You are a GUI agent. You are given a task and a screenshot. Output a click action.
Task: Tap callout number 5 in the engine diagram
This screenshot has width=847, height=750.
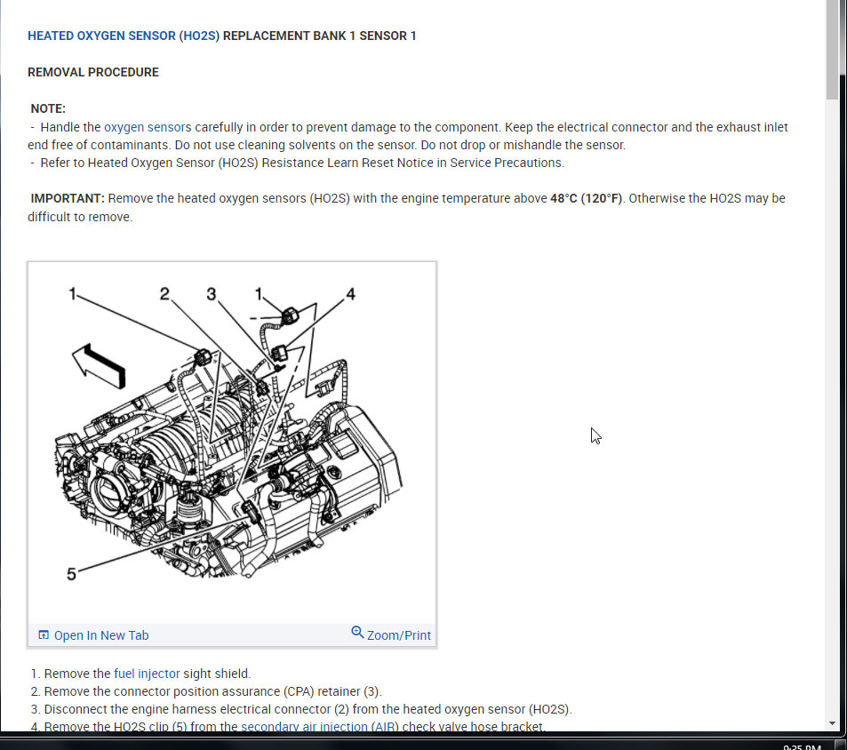coord(71,574)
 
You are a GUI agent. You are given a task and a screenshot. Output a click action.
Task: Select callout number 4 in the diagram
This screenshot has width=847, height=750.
coord(350,293)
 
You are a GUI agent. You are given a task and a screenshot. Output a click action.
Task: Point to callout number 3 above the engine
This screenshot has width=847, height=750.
coord(211,293)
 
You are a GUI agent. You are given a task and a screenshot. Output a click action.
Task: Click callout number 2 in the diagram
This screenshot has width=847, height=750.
coord(164,293)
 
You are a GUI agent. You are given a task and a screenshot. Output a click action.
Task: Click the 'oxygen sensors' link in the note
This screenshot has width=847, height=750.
coord(148,127)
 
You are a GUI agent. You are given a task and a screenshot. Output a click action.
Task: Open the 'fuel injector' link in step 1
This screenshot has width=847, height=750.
coord(147,674)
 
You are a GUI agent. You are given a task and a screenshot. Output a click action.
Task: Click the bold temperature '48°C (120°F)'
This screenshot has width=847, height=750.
coord(586,198)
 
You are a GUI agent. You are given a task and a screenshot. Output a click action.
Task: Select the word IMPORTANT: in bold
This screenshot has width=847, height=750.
coord(68,198)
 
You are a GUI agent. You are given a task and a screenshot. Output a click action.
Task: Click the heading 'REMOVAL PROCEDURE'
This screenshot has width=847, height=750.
coord(93,72)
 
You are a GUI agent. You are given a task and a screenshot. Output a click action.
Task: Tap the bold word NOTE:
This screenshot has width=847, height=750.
coord(48,108)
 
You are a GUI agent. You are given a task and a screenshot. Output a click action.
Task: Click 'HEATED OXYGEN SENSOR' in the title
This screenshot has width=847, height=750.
coord(101,36)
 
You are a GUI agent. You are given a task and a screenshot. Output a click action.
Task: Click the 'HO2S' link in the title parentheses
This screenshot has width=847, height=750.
coord(199,36)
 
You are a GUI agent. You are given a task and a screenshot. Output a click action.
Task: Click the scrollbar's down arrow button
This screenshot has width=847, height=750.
coord(832,723)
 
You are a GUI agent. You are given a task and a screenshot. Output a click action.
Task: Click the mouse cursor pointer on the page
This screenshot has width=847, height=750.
coord(595,435)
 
